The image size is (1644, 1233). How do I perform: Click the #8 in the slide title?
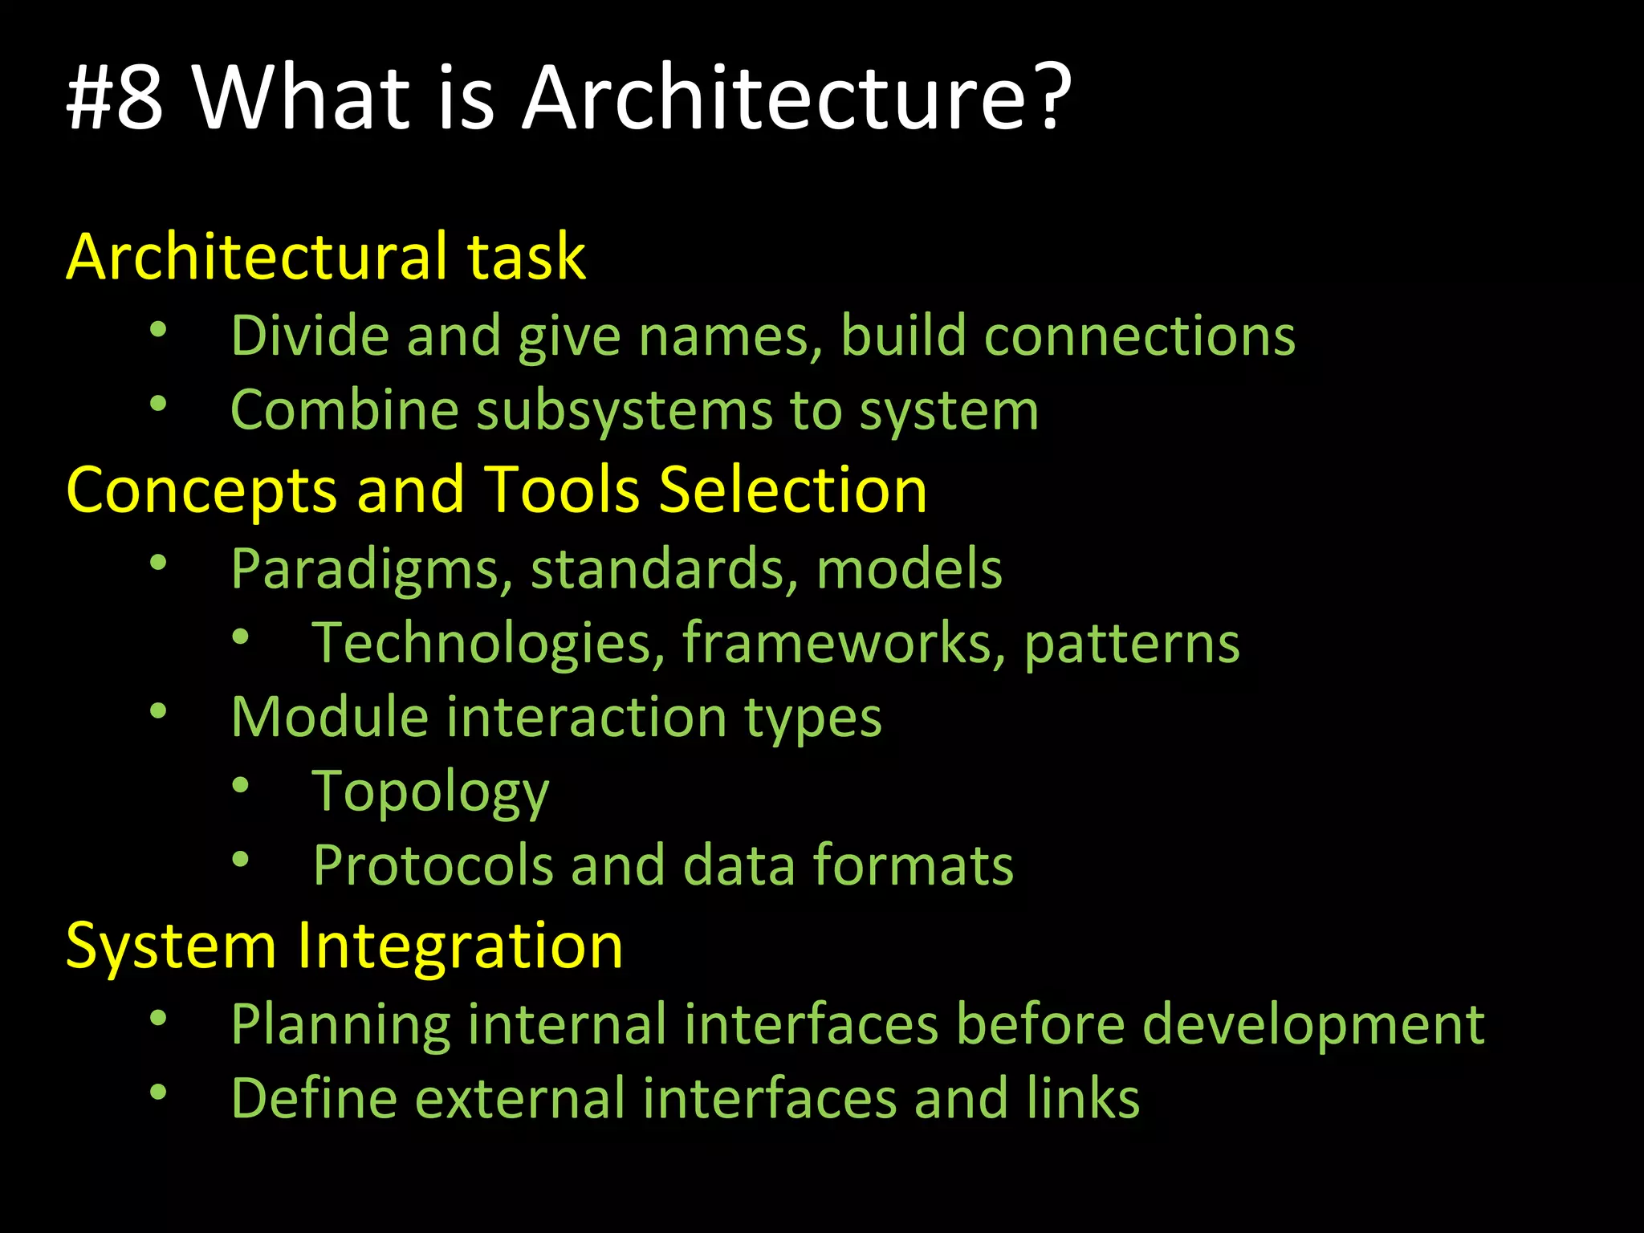point(115,98)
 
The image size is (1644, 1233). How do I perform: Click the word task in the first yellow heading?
point(527,257)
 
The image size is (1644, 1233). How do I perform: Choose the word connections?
point(1139,335)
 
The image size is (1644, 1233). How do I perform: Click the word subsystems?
point(624,410)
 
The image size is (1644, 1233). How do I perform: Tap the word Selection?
point(792,490)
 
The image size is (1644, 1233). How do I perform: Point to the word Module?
point(329,716)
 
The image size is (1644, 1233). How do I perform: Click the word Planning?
point(340,1026)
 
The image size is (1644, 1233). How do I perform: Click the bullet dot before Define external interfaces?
point(158,1093)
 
